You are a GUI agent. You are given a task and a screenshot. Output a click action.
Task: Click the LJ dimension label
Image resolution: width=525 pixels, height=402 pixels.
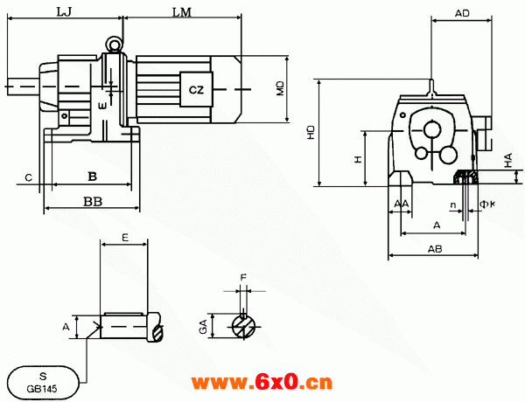point(64,12)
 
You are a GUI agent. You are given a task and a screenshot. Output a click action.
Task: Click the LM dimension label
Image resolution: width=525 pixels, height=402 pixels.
point(182,13)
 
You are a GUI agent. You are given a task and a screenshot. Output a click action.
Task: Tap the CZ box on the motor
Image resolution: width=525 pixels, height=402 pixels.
point(197,90)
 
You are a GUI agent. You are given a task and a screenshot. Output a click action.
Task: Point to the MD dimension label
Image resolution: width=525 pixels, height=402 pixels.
point(280,88)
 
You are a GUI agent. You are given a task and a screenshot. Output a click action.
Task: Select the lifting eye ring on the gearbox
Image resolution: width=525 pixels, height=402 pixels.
point(114,44)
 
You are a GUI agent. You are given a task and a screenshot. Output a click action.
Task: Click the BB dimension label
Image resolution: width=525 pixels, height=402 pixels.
point(93,202)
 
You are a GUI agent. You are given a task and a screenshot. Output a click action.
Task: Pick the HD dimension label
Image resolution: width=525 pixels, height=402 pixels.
point(311,133)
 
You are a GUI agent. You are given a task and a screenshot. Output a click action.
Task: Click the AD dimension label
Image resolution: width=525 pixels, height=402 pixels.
point(462,13)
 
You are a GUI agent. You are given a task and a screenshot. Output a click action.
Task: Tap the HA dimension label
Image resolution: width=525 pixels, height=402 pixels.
point(508,160)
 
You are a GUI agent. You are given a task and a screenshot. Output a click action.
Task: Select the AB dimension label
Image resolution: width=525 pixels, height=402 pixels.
point(435,249)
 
